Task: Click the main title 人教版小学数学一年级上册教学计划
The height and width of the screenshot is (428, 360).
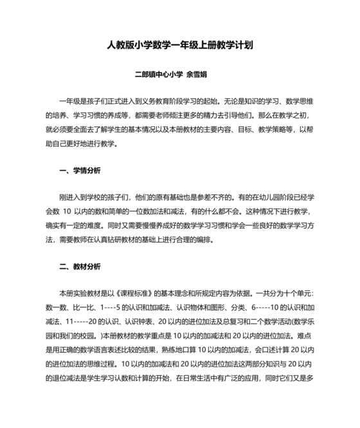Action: (180, 46)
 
